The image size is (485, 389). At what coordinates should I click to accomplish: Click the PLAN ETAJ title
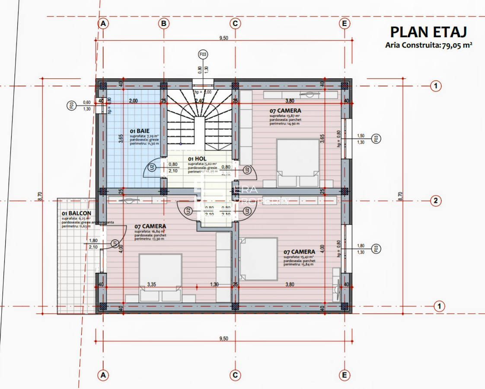tap(428, 32)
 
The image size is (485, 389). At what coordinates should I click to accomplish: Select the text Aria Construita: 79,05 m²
tap(428, 45)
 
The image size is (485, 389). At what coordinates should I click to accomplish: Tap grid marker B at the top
tap(163, 24)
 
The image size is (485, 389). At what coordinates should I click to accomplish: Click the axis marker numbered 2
tap(436, 200)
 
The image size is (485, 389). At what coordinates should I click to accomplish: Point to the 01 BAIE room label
tap(139, 130)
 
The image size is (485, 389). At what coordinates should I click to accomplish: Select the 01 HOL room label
tap(197, 159)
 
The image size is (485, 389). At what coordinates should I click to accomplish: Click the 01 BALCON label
tap(76, 213)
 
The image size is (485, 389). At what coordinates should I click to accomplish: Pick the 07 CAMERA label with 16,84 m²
tap(150, 226)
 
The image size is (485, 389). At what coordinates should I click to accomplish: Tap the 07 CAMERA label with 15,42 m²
tap(299, 251)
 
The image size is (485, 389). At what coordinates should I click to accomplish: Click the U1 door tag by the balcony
tap(115, 244)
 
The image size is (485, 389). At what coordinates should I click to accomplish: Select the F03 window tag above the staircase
tap(203, 55)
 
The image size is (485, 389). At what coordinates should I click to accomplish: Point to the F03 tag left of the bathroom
tap(71, 105)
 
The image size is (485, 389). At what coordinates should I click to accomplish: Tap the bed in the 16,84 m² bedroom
tap(160, 273)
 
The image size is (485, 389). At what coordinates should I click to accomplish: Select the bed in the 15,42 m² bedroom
tap(258, 259)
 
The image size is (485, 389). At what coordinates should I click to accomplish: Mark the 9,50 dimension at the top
tap(223, 39)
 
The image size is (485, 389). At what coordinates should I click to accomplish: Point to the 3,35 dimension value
tap(151, 284)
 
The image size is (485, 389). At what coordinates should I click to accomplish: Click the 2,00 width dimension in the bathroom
tap(133, 101)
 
